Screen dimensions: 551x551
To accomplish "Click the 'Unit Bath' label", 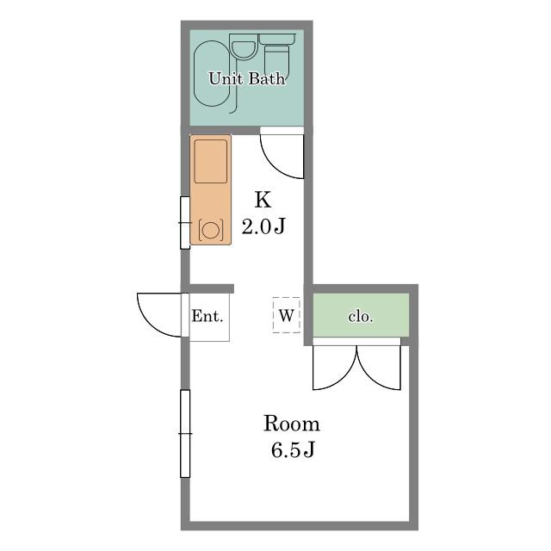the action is click(x=247, y=78).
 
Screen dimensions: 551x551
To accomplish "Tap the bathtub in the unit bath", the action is click(x=212, y=73).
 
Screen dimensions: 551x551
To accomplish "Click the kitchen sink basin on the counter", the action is click(x=210, y=161).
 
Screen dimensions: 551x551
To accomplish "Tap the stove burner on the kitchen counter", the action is click(x=210, y=230).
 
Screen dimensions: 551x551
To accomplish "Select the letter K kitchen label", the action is click(x=263, y=200).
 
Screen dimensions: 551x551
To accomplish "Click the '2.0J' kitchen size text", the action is click(x=263, y=226).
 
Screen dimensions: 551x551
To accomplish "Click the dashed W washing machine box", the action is click(x=287, y=315).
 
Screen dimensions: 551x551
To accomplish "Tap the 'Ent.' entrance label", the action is click(x=207, y=316).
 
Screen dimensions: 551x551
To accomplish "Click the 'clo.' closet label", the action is click(x=361, y=317).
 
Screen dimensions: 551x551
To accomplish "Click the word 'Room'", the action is click(x=292, y=424).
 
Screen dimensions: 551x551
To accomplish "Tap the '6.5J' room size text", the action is click(x=293, y=449).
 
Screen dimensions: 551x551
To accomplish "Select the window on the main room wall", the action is click(x=185, y=434).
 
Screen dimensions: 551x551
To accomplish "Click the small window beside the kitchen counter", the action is click(x=185, y=223).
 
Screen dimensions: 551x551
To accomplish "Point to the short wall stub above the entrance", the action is click(x=207, y=288).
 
